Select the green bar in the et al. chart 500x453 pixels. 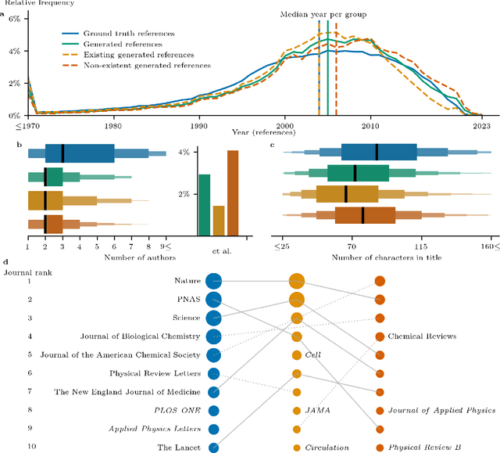[204, 205]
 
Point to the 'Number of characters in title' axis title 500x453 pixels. [387, 258]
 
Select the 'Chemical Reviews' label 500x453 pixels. [422, 336]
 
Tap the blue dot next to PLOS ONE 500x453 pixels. [213, 410]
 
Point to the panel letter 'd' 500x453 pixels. [5, 264]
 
